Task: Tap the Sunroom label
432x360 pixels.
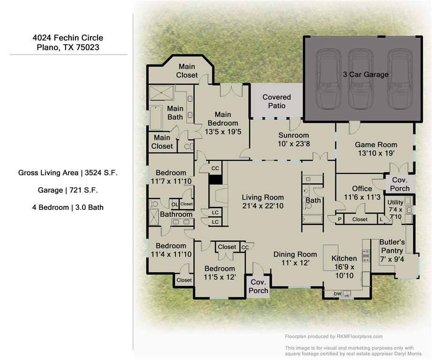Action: tap(294, 135)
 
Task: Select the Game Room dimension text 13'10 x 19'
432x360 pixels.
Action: tap(376, 153)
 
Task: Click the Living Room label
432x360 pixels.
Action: tap(263, 197)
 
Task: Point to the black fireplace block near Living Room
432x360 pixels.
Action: tap(215, 179)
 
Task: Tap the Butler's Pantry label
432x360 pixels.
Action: tap(392, 247)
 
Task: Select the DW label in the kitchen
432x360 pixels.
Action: tap(337, 294)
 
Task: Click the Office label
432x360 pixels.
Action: tap(362, 189)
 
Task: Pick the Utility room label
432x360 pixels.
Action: tap(395, 202)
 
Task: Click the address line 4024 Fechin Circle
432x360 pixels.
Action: tap(68, 38)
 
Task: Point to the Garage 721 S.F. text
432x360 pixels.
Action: tap(68, 190)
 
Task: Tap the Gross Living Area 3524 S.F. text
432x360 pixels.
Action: tap(68, 172)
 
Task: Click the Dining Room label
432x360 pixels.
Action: tap(295, 254)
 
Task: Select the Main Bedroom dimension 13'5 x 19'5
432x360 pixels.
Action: tap(223, 132)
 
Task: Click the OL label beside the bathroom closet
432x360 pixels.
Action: tap(174, 204)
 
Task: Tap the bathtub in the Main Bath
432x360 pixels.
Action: tap(156, 117)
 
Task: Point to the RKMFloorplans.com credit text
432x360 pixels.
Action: tap(333, 336)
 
